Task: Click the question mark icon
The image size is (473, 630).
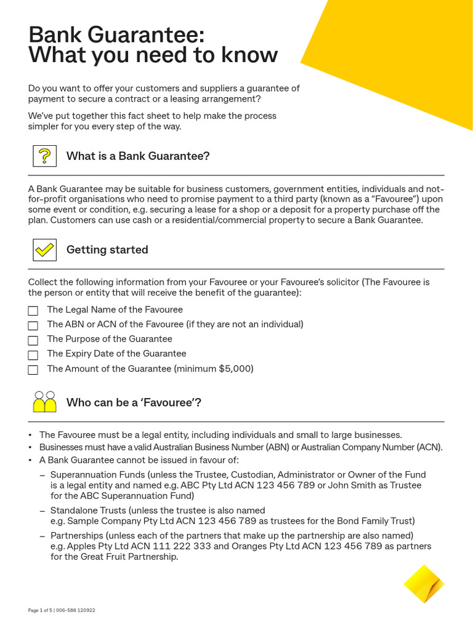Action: (44, 156)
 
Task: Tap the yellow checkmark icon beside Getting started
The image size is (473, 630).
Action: (44, 250)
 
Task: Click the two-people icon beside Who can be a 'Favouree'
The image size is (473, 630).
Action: (44, 402)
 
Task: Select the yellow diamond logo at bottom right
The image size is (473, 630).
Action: (424, 583)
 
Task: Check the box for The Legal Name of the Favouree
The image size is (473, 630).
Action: (33, 311)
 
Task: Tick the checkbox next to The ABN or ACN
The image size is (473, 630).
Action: (33, 325)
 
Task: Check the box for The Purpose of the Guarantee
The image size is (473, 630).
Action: (33, 340)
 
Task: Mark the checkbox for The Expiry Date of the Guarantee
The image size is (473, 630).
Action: (33, 354)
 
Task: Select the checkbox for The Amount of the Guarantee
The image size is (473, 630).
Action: (33, 370)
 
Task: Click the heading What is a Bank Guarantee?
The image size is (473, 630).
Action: (138, 156)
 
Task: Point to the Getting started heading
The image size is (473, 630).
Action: (107, 250)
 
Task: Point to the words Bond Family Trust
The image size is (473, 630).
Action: (376, 520)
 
